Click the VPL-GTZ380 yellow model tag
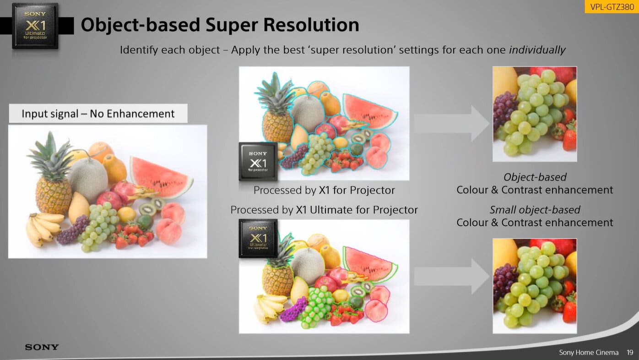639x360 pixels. [x=612, y=6]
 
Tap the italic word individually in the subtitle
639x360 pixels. [x=537, y=50]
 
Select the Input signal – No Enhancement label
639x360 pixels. [x=98, y=114]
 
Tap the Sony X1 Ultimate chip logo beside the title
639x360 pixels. [x=35, y=26]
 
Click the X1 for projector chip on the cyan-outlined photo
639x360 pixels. [x=258, y=161]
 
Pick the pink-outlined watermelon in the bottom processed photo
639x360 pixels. [x=369, y=264]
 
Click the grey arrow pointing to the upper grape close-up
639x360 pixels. [x=452, y=123]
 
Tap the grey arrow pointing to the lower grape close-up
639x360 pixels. [x=452, y=276]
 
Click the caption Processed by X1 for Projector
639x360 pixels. [x=324, y=191]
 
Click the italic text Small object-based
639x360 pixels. [x=535, y=210]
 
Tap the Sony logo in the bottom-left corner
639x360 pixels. [x=42, y=347]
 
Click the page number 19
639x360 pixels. [x=630, y=353]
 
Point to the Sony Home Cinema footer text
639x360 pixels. [x=589, y=353]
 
